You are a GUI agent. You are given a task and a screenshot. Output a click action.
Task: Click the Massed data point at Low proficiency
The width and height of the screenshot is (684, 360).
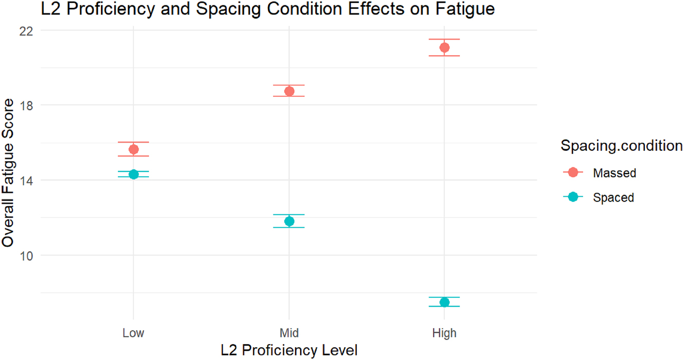[133, 149]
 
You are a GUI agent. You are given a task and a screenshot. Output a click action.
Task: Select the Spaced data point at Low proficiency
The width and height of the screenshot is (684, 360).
[133, 174]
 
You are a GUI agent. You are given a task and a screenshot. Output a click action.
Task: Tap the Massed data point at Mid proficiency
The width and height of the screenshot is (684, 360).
[289, 91]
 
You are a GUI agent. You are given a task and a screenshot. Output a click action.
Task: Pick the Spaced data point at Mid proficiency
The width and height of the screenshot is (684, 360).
[289, 221]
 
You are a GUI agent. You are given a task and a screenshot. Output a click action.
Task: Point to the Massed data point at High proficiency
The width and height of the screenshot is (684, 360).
[444, 47]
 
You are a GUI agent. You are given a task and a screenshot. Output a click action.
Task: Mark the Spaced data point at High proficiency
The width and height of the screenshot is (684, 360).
[444, 302]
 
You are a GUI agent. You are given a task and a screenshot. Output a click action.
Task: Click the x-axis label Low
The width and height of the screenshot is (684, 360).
[133, 333]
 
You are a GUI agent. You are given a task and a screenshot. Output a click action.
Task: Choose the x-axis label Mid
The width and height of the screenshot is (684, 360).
[289, 333]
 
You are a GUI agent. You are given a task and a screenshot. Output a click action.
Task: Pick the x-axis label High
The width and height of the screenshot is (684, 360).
[444, 333]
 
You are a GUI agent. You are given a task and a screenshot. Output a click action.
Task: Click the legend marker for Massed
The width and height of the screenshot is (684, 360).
[572, 173]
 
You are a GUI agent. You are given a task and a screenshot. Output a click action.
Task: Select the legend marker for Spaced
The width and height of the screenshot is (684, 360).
[572, 197]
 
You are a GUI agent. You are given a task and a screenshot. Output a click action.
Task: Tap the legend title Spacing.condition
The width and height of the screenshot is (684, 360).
[622, 146]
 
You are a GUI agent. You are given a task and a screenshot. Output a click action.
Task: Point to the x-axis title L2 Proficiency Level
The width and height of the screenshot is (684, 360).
[289, 350]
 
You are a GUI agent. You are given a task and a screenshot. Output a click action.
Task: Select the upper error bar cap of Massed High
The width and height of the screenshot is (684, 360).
[444, 39]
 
